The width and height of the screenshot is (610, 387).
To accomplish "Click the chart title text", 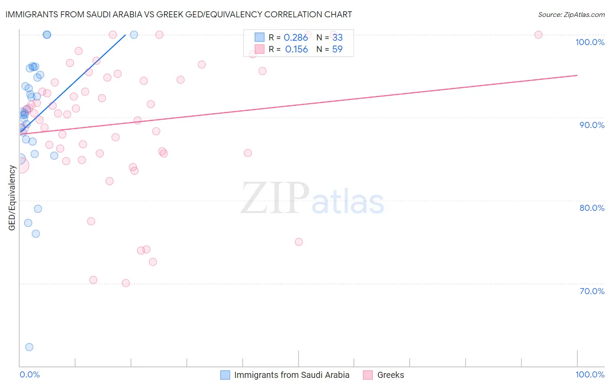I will pyautogui.click(x=178, y=14).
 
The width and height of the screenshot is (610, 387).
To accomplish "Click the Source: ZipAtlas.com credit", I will pyautogui.click(x=571, y=14).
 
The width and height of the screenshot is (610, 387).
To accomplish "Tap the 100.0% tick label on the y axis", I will pyautogui.click(x=590, y=42).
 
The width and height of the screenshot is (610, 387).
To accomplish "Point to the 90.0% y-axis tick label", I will pyautogui.click(x=592, y=125).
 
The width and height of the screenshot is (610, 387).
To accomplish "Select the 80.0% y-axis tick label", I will pyautogui.click(x=592, y=208).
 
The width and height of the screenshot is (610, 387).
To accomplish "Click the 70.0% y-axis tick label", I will pyautogui.click(x=592, y=291).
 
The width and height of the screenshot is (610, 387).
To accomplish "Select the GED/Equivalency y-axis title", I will pyautogui.click(x=12, y=198).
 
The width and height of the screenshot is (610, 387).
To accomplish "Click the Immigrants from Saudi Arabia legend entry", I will pyautogui.click(x=292, y=375).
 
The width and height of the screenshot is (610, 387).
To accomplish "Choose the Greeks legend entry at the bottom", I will pyautogui.click(x=390, y=375).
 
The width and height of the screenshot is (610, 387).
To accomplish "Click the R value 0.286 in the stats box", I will pyautogui.click(x=296, y=38).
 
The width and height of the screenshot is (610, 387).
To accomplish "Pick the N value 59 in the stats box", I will pyautogui.click(x=337, y=49).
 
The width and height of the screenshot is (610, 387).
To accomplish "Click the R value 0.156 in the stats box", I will pyautogui.click(x=296, y=49).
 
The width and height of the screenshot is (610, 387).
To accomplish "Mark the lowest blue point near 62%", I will pyautogui.click(x=29, y=347).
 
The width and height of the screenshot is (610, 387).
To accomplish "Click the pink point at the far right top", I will pyautogui.click(x=538, y=35).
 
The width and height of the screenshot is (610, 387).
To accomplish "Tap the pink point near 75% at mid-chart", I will pyautogui.click(x=298, y=242).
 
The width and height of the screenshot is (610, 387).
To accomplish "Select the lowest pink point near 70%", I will pyautogui.click(x=126, y=283).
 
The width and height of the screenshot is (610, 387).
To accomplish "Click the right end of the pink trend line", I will pyautogui.click(x=577, y=75).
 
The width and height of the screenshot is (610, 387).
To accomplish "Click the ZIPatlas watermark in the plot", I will pyautogui.click(x=312, y=199).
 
